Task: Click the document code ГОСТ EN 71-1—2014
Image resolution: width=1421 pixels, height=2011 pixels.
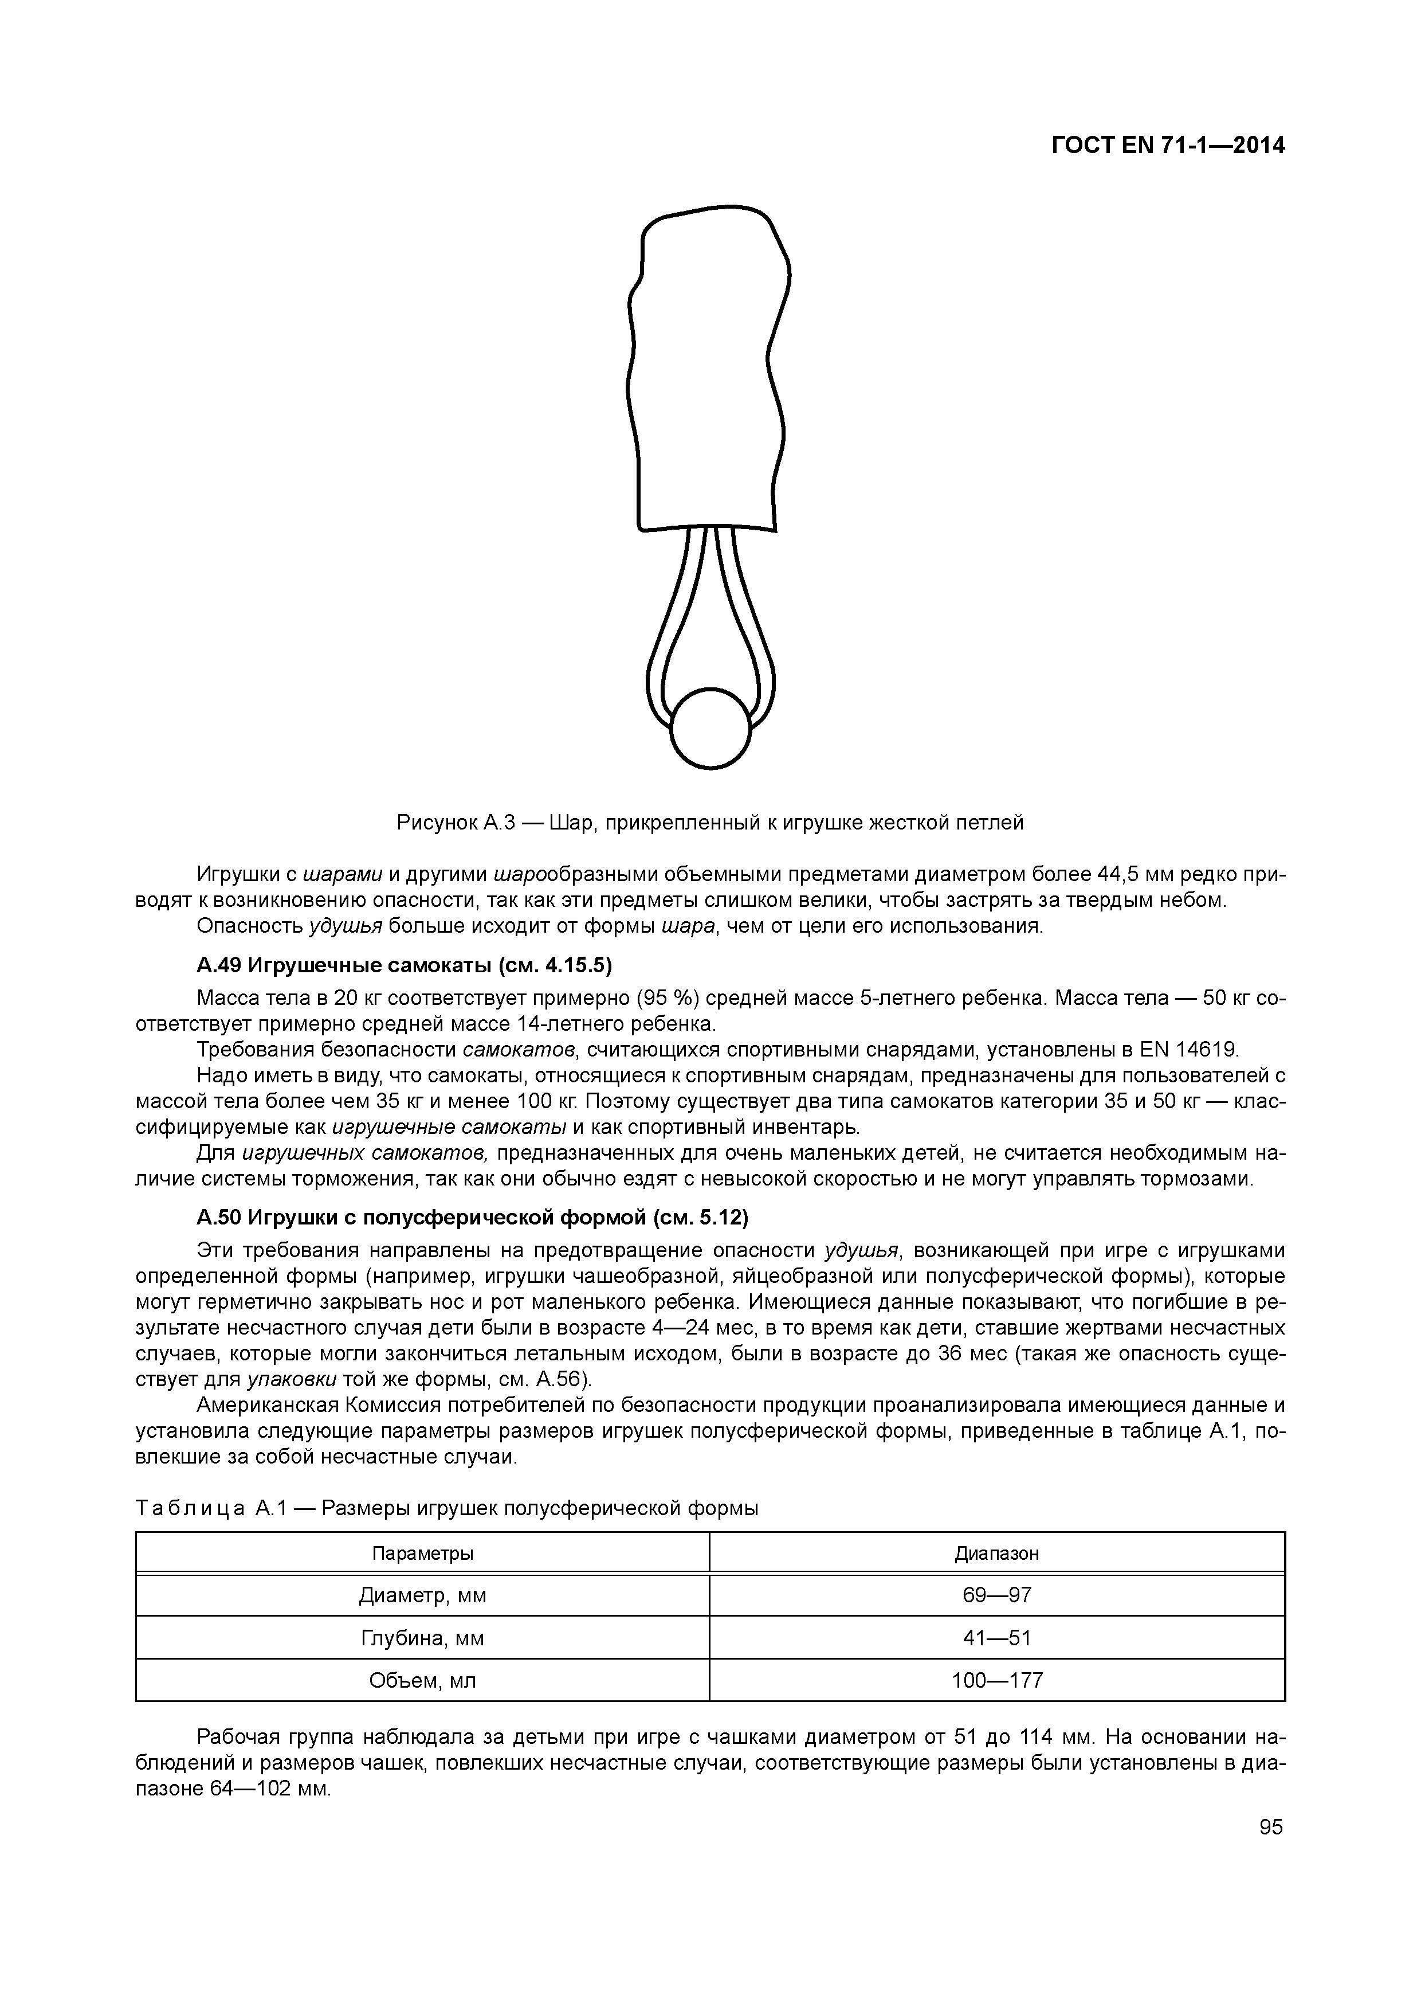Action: click(x=1167, y=146)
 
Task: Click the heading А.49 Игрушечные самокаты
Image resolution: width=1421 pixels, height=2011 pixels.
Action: click(x=405, y=965)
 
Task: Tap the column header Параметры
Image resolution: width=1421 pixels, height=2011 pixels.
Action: click(x=422, y=1553)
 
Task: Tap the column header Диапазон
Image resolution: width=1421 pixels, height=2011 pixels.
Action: click(x=996, y=1553)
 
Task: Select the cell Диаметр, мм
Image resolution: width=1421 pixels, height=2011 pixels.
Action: click(x=422, y=1595)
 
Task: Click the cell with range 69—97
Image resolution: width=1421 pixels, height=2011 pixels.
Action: click(x=996, y=1595)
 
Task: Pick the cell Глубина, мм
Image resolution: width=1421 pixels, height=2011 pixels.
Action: click(x=422, y=1638)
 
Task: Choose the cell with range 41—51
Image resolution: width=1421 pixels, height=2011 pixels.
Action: click(x=996, y=1638)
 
